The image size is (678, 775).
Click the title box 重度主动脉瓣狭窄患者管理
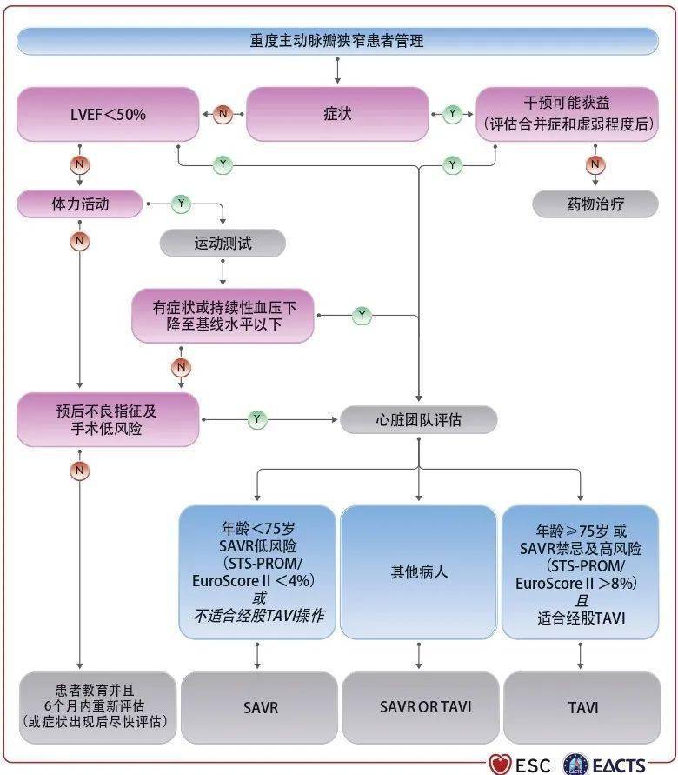(337, 41)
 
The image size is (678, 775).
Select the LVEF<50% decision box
(108, 114)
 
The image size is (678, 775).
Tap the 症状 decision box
(337, 114)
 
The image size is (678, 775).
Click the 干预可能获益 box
(567, 114)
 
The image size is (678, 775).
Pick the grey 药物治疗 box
(595, 204)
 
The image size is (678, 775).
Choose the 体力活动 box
(79, 204)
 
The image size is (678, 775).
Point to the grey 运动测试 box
(223, 244)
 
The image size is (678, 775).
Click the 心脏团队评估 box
(419, 420)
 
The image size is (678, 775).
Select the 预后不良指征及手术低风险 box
(108, 419)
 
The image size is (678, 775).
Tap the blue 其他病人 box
(419, 573)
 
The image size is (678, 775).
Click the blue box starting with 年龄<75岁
(257, 573)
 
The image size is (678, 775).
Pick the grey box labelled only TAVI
(582, 707)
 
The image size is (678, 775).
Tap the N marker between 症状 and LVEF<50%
(223, 114)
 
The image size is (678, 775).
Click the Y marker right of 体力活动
(181, 204)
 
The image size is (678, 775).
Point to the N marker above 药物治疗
(595, 164)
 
